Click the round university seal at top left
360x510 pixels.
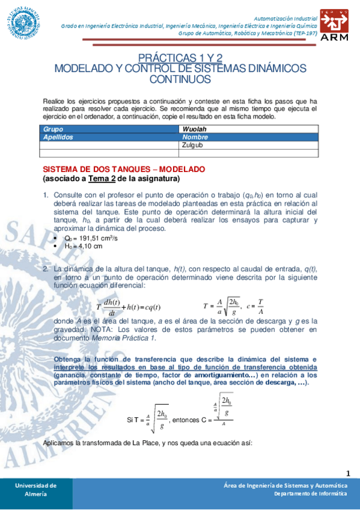pyautogui.click(x=23, y=22)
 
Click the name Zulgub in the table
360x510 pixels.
pyautogui.click(x=192, y=145)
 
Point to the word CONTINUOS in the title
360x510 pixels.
pyautogui.click(x=180, y=79)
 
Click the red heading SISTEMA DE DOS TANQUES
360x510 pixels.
pyautogui.click(x=124, y=169)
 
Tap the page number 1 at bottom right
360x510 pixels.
pyautogui.click(x=349, y=473)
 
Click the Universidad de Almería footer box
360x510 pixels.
pyautogui.click(x=36, y=489)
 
